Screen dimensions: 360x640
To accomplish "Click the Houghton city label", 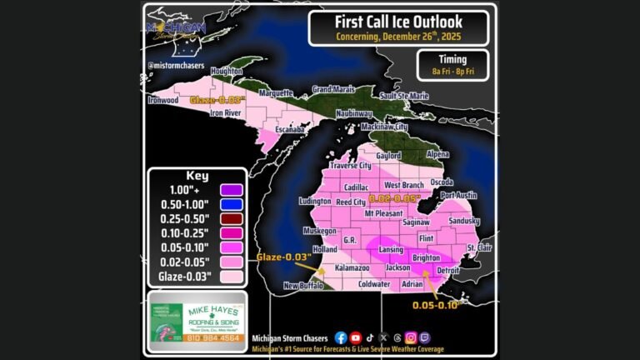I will coord(227,72).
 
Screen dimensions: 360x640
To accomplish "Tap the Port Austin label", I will coord(461,195).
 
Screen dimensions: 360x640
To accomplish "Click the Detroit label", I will coord(449,271).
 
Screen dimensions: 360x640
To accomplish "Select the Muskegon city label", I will coord(320,230).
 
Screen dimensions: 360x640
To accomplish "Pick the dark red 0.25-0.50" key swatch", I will coord(227,220).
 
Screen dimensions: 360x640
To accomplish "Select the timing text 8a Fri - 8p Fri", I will coord(452,72).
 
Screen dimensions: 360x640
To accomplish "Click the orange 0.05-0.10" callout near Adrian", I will coord(437,305).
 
